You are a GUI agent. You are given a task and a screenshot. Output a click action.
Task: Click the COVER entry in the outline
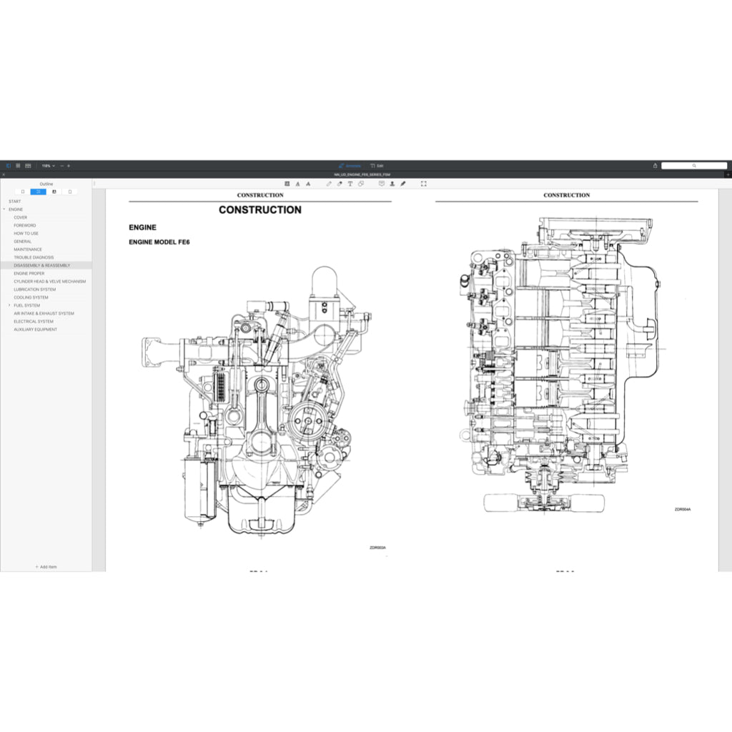tap(21, 217)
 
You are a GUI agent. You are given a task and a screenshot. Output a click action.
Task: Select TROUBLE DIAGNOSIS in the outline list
tap(34, 257)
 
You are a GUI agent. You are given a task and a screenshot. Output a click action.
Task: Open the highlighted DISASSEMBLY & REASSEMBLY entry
tap(42, 265)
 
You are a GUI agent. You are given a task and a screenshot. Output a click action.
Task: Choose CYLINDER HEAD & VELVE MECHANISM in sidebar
tap(49, 282)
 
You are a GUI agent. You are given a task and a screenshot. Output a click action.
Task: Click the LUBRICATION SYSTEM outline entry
tap(34, 290)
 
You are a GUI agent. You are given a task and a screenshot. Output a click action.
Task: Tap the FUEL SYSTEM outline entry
tap(27, 305)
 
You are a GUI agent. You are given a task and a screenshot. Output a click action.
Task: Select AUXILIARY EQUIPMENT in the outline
tap(35, 330)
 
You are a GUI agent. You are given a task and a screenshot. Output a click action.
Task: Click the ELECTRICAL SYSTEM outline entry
tap(34, 322)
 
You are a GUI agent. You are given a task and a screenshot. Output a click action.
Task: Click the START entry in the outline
tap(14, 202)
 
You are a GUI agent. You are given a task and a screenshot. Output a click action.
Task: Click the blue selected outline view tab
tap(38, 192)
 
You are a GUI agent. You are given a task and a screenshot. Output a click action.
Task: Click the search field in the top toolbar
tap(693, 165)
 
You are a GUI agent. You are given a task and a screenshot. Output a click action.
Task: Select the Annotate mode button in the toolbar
tap(350, 165)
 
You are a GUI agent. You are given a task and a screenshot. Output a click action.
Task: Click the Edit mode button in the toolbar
tap(377, 165)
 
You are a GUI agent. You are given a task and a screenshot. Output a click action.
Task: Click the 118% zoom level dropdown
tap(48, 165)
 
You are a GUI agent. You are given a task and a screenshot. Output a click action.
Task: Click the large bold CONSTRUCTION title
tap(259, 210)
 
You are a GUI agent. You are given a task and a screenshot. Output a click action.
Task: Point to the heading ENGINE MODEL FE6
tap(159, 242)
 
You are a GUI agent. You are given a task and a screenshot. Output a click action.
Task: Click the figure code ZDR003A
tap(377, 548)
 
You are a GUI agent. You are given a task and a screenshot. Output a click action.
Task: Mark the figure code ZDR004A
tap(683, 510)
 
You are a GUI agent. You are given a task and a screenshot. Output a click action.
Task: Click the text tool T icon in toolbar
tap(350, 184)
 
